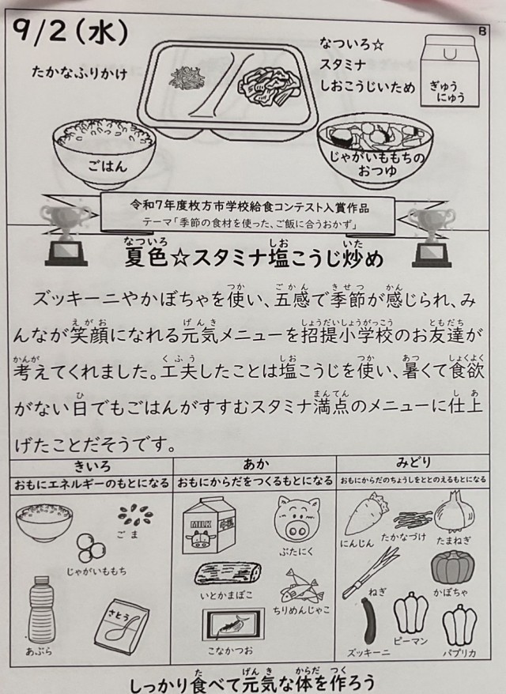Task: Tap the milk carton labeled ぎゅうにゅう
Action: [450, 71]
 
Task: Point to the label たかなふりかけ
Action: [79, 72]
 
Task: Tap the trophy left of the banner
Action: [65, 236]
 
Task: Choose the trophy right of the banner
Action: [431, 238]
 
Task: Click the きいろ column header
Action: [92, 466]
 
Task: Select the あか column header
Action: [255, 465]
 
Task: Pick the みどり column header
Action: [413, 463]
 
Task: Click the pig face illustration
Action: [296, 520]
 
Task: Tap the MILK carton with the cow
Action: [209, 525]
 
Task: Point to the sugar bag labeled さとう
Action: [121, 627]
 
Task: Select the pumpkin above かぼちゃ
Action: [453, 567]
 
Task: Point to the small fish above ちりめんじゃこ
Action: [300, 587]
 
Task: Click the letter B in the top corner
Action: [482, 31]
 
